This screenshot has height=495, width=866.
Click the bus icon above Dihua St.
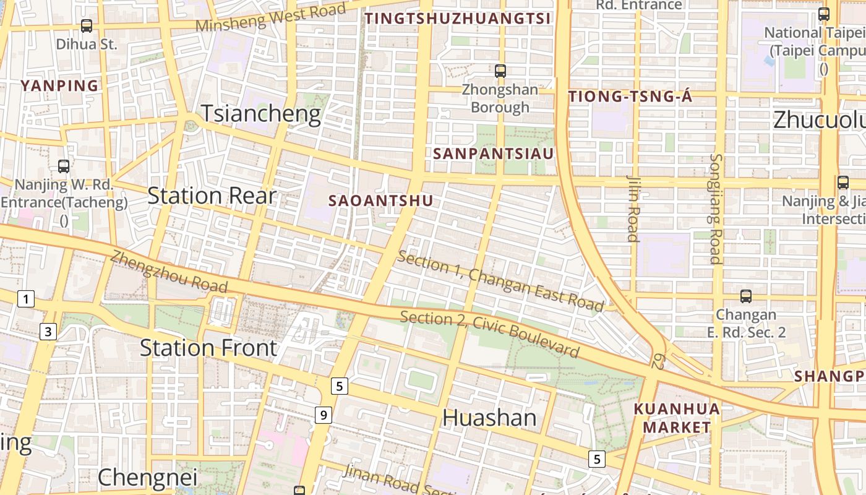point(87,26)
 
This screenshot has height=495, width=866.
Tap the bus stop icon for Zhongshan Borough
point(500,71)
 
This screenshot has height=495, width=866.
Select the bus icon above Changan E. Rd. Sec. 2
point(746,296)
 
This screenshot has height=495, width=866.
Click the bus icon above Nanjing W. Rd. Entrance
point(64,166)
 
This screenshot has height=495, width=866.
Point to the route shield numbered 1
point(25,299)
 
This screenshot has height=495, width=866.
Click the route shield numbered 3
point(48,332)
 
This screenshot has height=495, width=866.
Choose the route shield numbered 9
point(323,415)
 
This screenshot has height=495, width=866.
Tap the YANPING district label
point(60,86)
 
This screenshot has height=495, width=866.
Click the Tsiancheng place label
point(260,114)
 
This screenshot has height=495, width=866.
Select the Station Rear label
point(212,196)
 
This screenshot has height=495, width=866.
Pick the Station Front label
point(208,348)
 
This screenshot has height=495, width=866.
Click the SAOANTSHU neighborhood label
point(380,201)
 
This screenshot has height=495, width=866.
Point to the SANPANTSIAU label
point(493,153)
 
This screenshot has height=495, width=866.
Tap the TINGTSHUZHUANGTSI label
point(457,19)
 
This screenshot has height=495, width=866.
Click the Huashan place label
point(489,418)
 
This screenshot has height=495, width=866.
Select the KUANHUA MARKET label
point(677,418)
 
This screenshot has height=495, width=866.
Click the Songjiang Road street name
point(716,209)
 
